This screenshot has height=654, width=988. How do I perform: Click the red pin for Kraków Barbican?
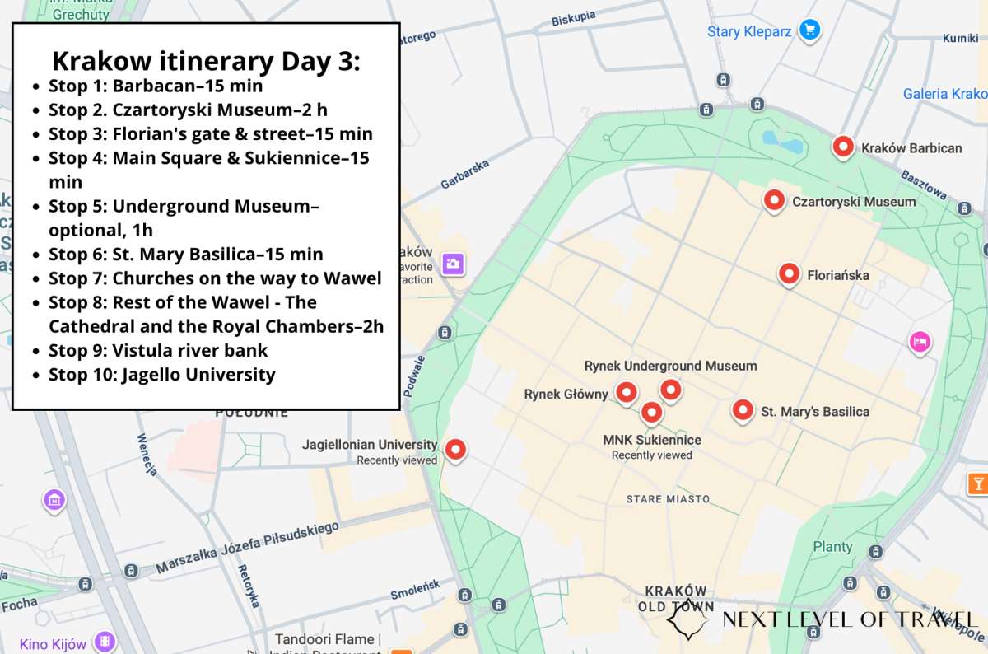842,147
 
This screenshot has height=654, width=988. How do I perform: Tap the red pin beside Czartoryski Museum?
773,199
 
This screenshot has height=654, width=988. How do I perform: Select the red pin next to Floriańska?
789,273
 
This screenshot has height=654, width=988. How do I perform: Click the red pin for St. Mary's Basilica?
743,409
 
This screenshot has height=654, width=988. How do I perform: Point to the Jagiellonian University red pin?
454,449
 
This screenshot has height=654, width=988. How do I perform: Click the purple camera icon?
452,264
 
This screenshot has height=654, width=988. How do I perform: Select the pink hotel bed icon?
919,340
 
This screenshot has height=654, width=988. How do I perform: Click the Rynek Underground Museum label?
670,366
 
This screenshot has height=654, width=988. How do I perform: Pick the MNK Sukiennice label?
652,440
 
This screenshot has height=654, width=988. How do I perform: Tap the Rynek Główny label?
566,395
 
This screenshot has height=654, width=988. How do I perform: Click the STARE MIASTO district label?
668,499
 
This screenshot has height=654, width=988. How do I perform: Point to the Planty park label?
832,546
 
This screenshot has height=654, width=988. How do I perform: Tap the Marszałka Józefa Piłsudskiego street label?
248,547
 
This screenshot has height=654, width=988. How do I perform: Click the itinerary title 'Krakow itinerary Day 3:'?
206,61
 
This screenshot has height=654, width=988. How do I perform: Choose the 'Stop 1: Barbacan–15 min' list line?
156,86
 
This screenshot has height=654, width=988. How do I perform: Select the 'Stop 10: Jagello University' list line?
161,375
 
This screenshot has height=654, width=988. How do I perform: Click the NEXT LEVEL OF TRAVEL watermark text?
849,619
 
